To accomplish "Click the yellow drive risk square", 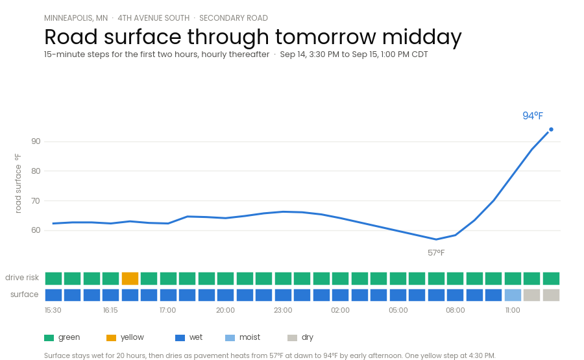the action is pos(130,278).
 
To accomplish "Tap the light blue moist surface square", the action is pos(513,295).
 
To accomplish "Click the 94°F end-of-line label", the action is pos(533,115).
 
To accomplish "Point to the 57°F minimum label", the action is pos(436,253).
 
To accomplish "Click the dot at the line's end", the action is pos(551,130).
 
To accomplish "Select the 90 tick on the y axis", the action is pos(36,141).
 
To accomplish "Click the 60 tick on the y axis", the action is pos(36,230).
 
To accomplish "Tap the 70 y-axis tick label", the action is pos(36,200).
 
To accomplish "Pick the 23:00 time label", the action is pos(283,310).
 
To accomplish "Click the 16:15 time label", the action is pos(110,310).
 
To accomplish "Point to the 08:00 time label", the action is pos(456,310).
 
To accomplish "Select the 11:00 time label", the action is pos(513,310).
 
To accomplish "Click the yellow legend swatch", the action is pos(112,338).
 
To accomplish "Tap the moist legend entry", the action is pos(243,337).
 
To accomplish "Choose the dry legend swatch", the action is pos(293,338).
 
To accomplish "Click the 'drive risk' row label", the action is pos(22,278).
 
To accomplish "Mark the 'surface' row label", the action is pos(24,294).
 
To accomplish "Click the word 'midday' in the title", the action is pos(422,37).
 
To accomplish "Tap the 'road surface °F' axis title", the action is pos(18,183).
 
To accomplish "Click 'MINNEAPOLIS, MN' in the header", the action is pos(76,18).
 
